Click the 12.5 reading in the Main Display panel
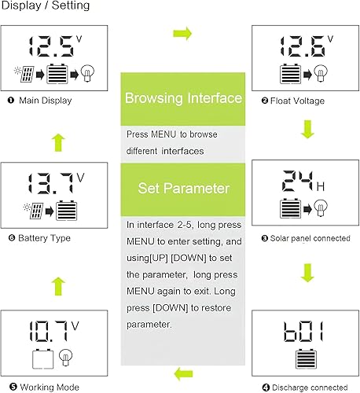(x=51, y=46)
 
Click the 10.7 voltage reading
(x=51, y=329)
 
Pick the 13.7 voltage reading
(x=51, y=185)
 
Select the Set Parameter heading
(x=179, y=189)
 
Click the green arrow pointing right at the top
(x=182, y=34)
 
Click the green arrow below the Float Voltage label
(x=307, y=128)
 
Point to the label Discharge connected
(x=307, y=386)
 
